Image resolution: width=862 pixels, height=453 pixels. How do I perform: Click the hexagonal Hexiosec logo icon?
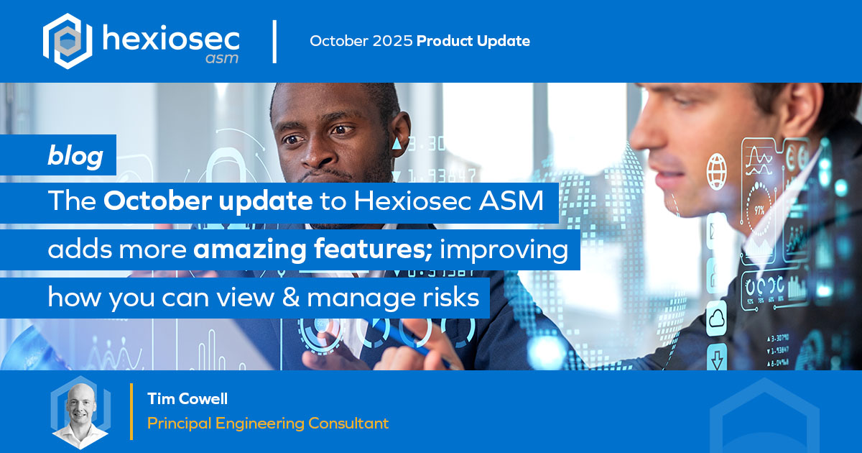68,41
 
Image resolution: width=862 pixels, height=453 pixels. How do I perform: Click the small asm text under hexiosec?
222,58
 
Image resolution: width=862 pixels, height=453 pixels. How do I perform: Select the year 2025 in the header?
392,41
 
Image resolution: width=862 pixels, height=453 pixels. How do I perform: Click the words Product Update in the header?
473,41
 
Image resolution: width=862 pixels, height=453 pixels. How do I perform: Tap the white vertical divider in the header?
274,42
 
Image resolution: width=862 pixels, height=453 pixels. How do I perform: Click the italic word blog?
75,155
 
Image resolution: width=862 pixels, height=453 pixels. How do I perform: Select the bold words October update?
208,201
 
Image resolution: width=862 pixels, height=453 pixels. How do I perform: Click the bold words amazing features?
313,250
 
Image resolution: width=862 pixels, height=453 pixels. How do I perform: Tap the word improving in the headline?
504,250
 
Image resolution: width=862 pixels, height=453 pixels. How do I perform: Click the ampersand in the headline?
291,297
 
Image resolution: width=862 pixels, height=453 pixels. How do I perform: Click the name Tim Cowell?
187,398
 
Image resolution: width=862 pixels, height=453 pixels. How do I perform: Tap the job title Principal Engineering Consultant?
268,424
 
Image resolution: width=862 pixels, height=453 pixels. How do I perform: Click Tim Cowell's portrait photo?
80,412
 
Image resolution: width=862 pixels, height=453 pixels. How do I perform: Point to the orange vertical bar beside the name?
131,411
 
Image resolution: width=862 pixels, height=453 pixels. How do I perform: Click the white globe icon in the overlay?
717,171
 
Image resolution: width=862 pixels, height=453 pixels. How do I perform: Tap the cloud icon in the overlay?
717,319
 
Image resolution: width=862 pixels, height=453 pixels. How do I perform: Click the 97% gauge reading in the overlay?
759,210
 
